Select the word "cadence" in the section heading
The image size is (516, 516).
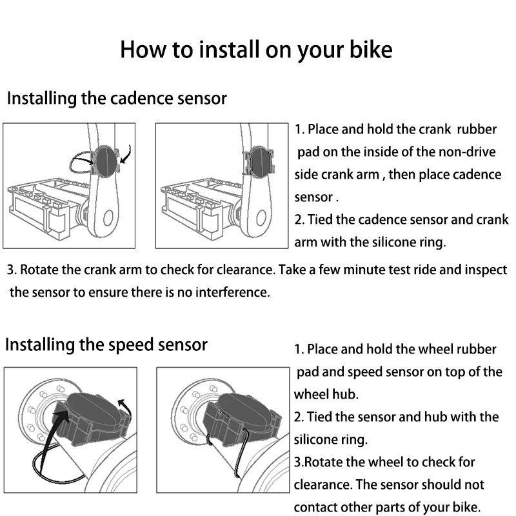click(x=141, y=99)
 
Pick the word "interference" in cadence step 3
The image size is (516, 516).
click(x=226, y=292)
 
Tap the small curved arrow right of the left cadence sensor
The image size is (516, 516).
click(x=128, y=155)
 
